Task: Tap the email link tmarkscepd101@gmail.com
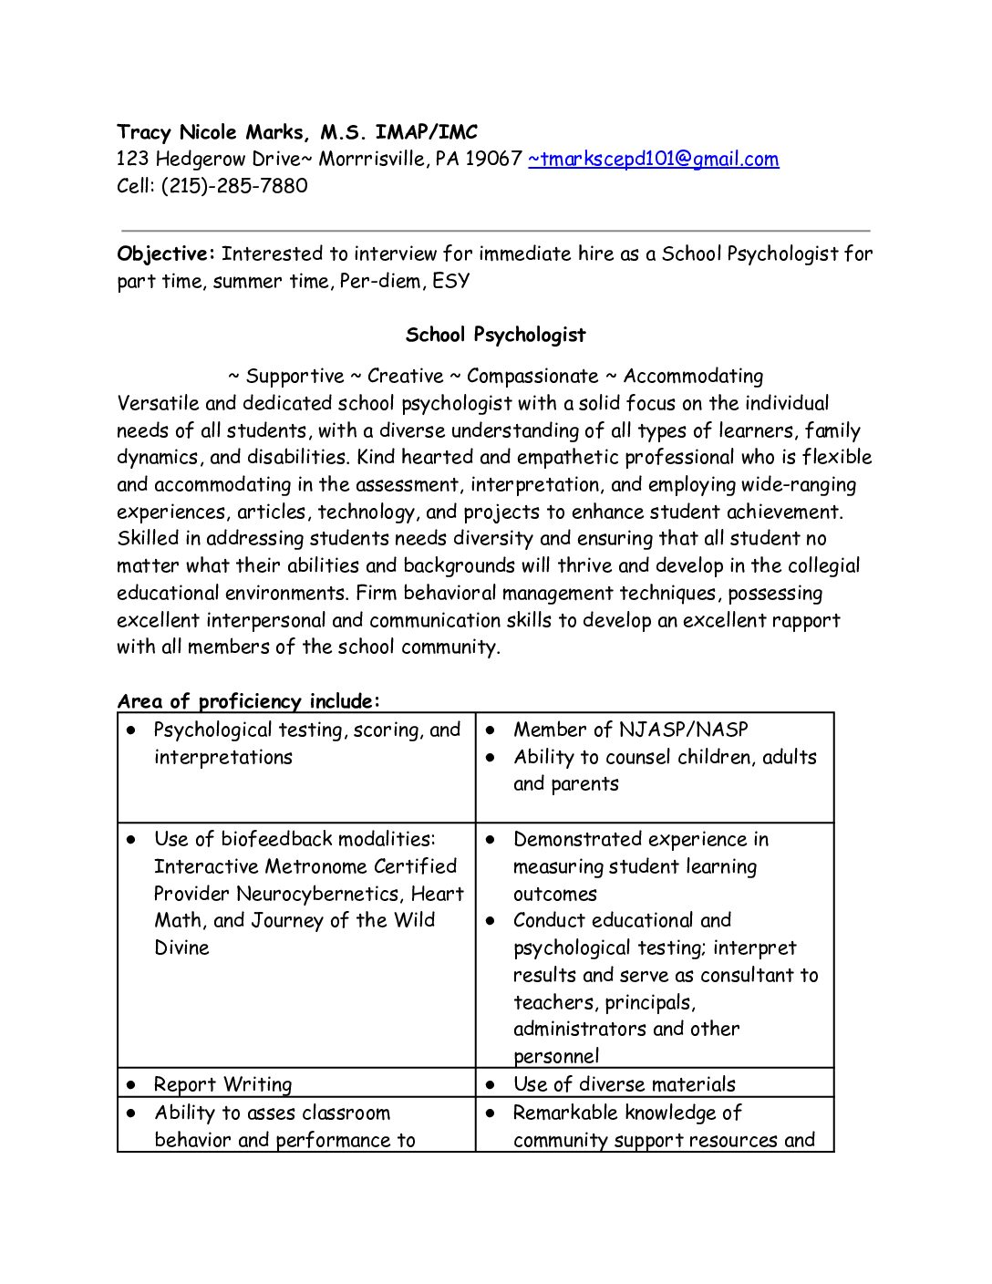654,160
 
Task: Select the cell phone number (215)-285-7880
234,186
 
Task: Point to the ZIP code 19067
493,160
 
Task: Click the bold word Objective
165,254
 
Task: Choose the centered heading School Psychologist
495,335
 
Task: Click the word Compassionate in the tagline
532,377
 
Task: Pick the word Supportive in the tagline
294,377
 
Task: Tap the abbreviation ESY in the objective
451,281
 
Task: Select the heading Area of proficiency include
248,701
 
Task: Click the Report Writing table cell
222,1084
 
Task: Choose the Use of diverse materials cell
624,1084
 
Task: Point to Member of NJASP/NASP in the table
630,730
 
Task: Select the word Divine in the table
181,947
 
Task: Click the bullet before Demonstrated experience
491,839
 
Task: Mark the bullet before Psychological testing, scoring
132,730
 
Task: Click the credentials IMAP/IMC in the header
426,132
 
